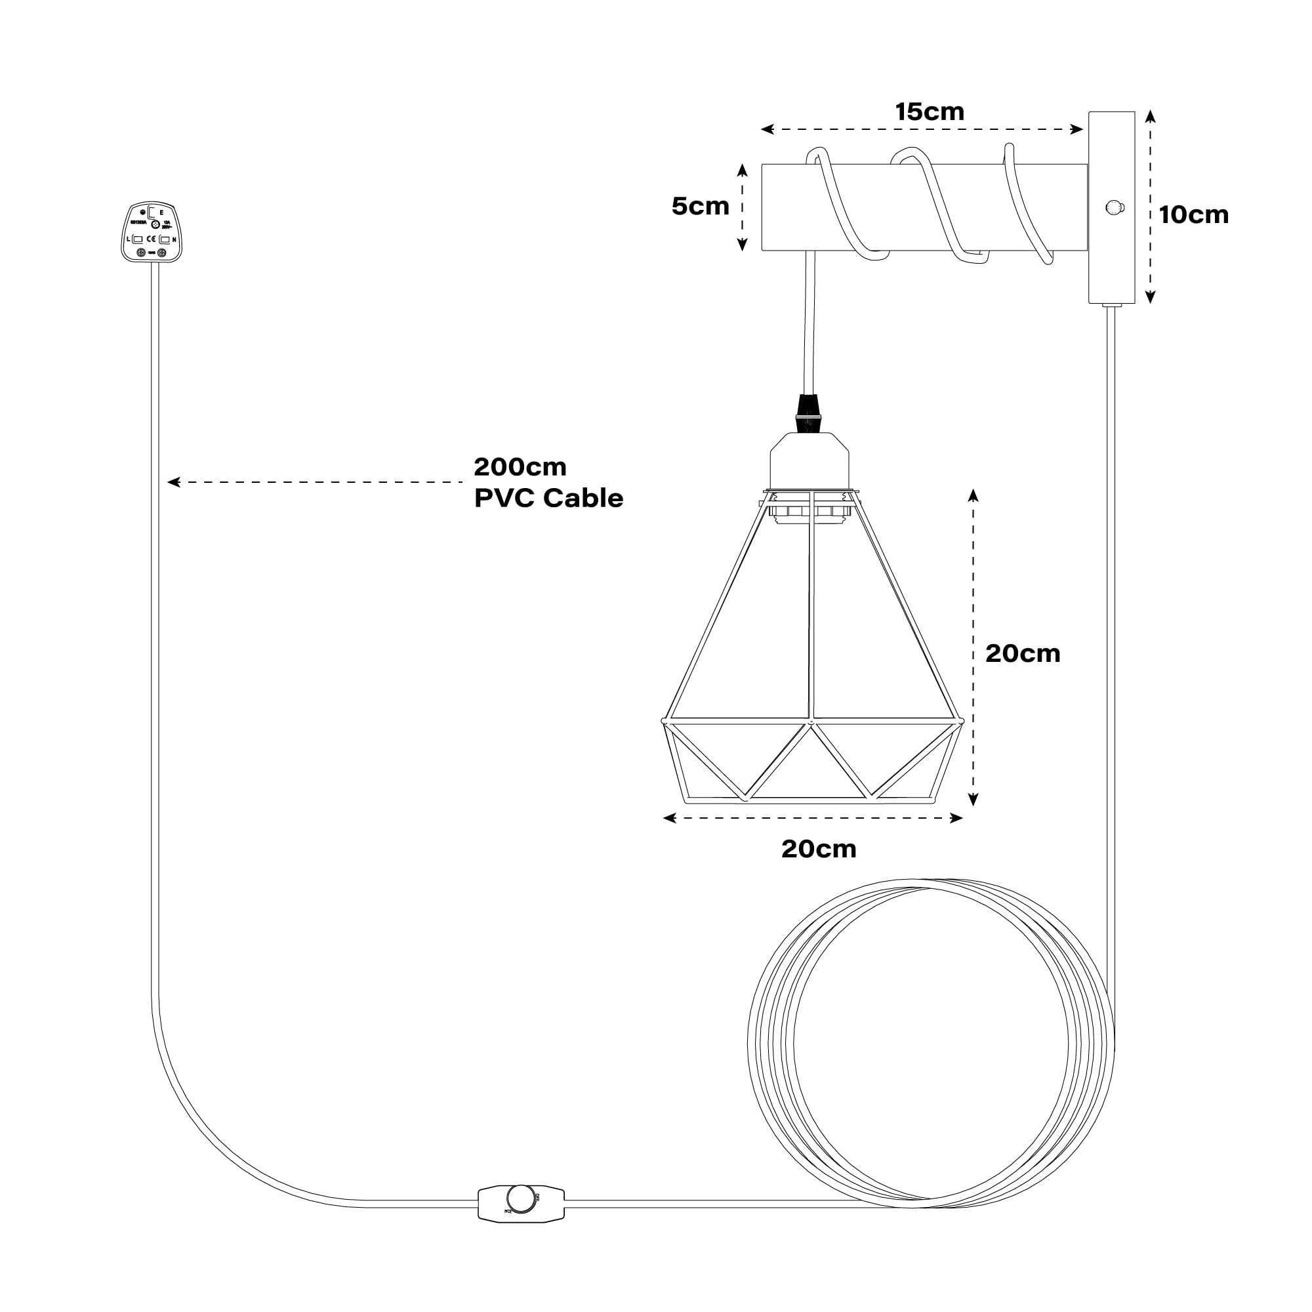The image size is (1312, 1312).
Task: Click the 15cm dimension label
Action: coord(929,112)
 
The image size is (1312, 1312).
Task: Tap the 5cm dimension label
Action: coord(700,207)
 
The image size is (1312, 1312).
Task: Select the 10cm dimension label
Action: coord(1193,215)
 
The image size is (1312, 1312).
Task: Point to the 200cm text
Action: coord(520,467)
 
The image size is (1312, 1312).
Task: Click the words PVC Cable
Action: coord(548,499)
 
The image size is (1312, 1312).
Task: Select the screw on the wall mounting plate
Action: coord(1114,207)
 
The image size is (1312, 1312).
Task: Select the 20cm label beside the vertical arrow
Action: coord(1022,654)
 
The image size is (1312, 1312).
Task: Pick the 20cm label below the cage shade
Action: coord(818,849)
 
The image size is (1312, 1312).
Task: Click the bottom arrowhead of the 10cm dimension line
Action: coord(1151,297)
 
